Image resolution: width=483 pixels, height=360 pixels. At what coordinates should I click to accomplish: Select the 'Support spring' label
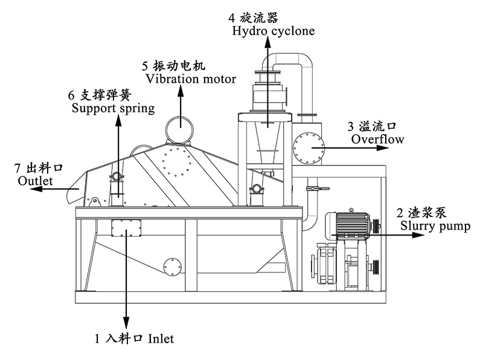(x=113, y=109)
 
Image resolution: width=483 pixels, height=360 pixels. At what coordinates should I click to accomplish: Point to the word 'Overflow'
(x=377, y=140)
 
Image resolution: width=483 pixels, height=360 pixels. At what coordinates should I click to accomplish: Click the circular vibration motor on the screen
(x=180, y=129)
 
